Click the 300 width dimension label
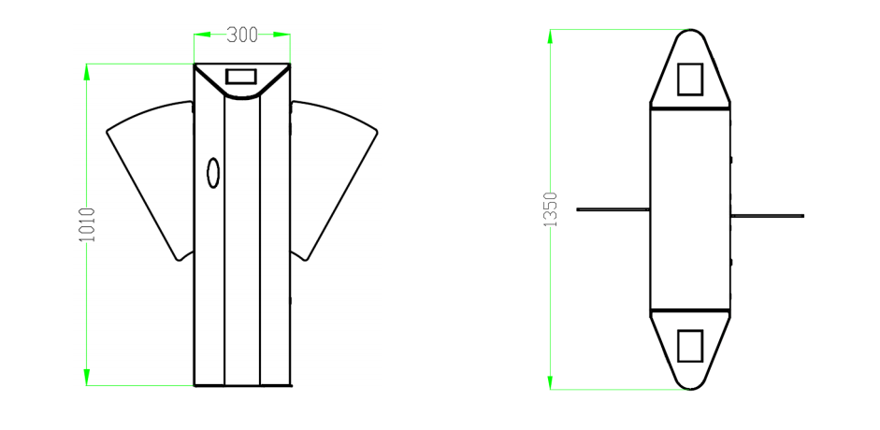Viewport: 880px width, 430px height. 242,36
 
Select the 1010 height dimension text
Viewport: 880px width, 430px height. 87,224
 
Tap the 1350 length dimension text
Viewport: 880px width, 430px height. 551,209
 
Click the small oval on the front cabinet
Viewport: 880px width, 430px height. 213,173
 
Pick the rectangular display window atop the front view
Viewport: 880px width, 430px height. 240,77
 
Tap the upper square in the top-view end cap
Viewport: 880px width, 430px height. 690,79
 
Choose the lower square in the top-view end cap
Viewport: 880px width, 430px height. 690,345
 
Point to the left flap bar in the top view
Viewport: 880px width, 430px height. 613,209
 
